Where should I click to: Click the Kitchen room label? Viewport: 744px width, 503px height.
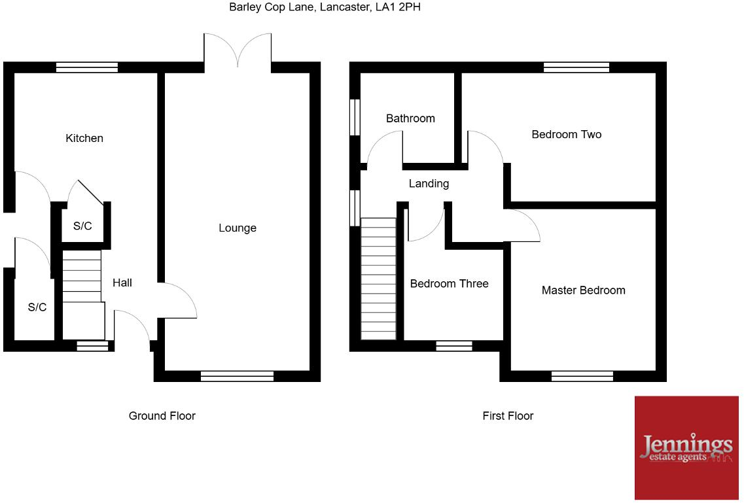84,138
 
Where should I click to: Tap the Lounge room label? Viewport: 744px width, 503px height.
238,228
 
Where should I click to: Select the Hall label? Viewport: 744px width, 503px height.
122,283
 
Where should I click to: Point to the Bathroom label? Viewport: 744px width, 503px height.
410,118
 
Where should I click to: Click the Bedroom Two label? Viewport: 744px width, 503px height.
566,134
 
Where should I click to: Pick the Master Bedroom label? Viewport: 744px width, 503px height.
583,290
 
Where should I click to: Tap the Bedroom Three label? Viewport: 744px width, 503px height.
449,283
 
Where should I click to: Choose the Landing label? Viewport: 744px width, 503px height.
429,183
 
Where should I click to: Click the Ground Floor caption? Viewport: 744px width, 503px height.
162,415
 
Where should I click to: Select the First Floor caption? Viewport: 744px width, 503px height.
508,415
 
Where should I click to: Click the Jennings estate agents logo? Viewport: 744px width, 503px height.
686,447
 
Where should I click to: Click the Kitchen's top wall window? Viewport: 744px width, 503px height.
87,67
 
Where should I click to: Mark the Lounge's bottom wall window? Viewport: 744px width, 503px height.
237,375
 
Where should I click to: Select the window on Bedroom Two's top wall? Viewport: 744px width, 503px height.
576,67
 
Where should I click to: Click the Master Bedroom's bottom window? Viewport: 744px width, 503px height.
582,375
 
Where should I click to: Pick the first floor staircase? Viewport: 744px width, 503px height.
379,278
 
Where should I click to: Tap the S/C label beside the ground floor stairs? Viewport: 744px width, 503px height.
82,226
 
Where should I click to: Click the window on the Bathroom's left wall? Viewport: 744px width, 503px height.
355,117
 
